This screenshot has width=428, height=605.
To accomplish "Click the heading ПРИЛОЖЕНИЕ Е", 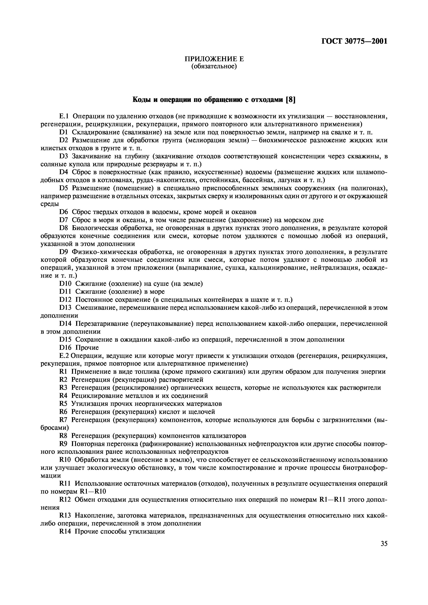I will [x=214, y=59].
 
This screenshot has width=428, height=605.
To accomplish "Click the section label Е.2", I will [x=64, y=356].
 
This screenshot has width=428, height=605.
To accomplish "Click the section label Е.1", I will [x=64, y=116].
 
